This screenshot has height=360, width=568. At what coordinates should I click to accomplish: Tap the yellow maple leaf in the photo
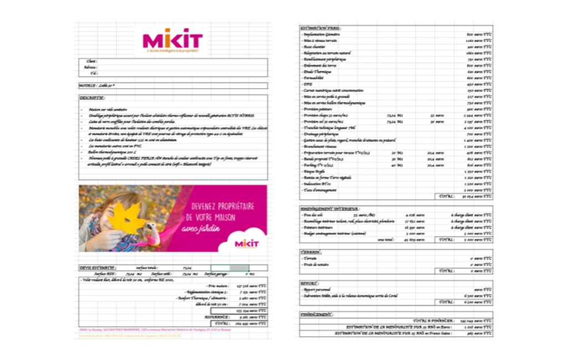click(x=126, y=219)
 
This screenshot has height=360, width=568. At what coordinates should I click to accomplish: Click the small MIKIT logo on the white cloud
click(x=247, y=243)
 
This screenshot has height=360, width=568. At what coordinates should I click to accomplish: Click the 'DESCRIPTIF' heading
click(x=92, y=97)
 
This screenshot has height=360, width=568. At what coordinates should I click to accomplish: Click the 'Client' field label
click(x=92, y=61)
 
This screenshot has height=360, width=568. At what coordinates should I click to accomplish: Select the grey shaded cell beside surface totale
click(x=239, y=268)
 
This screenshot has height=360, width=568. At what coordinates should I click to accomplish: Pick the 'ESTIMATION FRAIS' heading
click(x=321, y=28)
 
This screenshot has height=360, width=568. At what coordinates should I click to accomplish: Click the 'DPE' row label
click(x=307, y=84)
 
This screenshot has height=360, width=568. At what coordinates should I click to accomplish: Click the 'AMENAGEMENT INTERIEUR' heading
click(x=330, y=209)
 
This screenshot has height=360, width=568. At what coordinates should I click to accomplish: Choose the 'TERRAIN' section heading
click(x=311, y=252)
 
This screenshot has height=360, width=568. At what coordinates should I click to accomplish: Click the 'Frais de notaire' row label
click(x=316, y=265)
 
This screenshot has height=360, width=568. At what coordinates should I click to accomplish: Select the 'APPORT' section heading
click(x=309, y=283)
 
